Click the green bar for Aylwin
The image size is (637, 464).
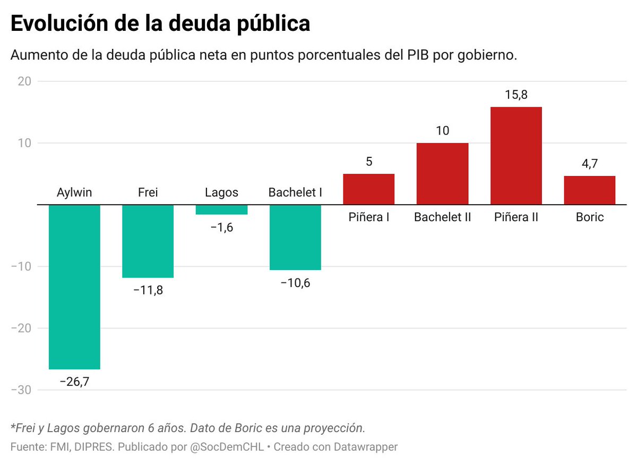coord(74,286)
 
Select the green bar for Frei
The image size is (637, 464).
coord(148,241)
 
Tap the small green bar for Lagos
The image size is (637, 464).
coord(221,210)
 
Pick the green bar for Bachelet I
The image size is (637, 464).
coord(295,237)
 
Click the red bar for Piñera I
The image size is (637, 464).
coord(369,189)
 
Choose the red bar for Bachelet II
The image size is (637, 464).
coord(442,174)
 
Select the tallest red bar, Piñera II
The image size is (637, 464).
coord(516,156)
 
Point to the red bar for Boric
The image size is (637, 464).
coord(589,190)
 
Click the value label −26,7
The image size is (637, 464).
coord(74,382)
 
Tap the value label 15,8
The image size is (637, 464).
coord(516,95)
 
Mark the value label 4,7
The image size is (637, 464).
coord(589,164)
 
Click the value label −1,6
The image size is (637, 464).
coord(221,227)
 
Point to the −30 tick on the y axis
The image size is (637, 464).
coord(21,390)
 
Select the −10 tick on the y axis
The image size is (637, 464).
coord(21,267)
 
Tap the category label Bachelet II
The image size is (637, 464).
coord(442,217)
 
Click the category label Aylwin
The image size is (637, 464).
coord(74,192)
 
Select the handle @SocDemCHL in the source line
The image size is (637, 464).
coord(227,447)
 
